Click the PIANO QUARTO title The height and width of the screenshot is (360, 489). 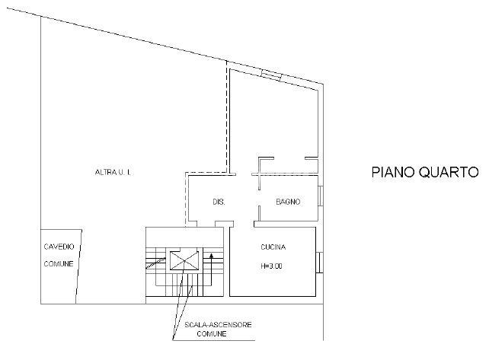click(425, 172)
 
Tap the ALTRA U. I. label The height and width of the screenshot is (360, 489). click(113, 172)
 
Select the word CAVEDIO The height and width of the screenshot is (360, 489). click(59, 247)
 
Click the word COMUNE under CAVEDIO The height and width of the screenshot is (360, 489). click(59, 264)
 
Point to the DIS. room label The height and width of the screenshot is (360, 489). click(219, 202)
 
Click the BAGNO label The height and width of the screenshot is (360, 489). click(288, 202)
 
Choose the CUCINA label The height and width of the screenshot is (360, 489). click(273, 247)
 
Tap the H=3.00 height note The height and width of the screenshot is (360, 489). click(271, 266)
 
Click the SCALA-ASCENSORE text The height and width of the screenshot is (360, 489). click(218, 325)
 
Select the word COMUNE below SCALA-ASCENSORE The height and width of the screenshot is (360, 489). click(212, 334)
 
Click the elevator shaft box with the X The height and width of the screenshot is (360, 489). click(184, 260)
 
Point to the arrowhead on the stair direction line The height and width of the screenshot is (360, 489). click(212, 256)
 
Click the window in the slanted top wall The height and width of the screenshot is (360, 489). click(271, 75)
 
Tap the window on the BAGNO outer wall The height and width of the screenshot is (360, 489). click(320, 196)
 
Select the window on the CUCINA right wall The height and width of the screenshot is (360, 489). click(319, 263)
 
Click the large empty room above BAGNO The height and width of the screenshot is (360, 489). click(273, 122)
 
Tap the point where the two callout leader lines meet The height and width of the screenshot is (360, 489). click(173, 339)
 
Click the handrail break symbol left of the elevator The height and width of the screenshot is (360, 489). click(155, 263)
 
